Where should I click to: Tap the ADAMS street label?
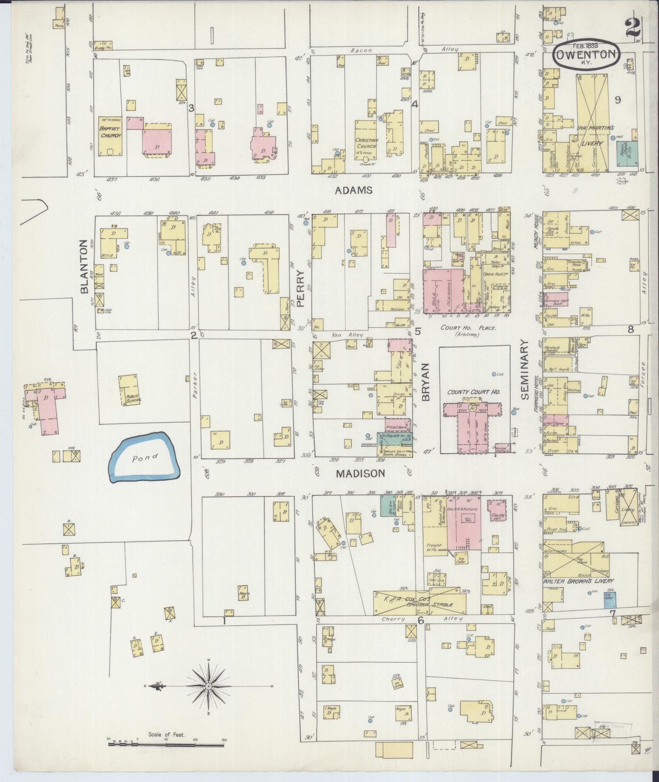[x=354, y=190]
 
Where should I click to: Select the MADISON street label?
[x=360, y=473]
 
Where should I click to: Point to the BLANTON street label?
[x=85, y=267]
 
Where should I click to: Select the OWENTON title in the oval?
[x=587, y=55]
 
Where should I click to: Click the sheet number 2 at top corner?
[x=632, y=29]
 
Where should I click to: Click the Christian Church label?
[x=366, y=143]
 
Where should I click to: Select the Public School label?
[x=133, y=399]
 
